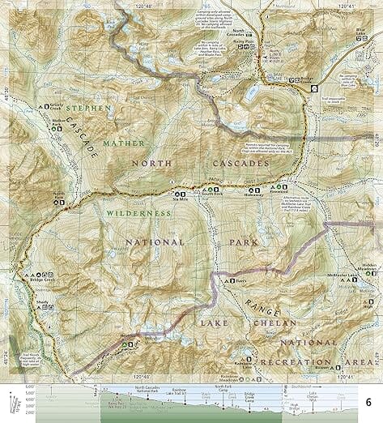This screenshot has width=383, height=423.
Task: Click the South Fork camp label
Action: point(212,195)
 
